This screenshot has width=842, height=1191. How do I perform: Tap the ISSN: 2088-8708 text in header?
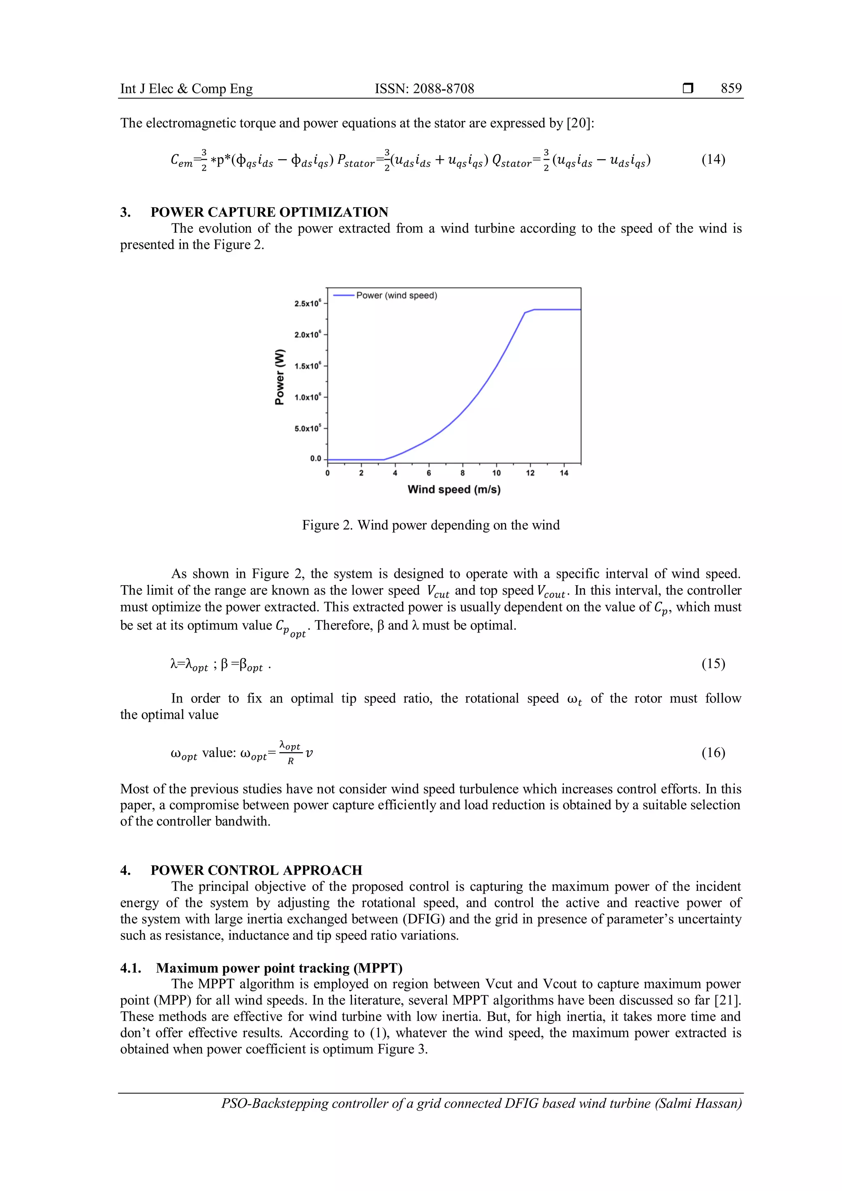click(424, 89)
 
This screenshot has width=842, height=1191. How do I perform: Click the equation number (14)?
click(713, 159)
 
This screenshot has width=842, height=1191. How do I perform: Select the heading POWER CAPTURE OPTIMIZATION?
click(269, 212)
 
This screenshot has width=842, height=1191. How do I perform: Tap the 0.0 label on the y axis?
click(315, 459)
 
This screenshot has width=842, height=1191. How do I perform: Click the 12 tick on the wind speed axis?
click(530, 473)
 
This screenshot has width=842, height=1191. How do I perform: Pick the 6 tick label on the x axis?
click(429, 473)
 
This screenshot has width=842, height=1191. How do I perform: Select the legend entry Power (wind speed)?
click(396, 296)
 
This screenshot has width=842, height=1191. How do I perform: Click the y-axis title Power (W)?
click(280, 377)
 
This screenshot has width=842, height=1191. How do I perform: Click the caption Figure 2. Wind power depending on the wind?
click(431, 526)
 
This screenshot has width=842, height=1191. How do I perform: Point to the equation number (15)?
click(713, 663)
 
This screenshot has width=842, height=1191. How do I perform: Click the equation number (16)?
click(713, 753)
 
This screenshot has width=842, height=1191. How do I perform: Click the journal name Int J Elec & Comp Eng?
click(186, 89)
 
